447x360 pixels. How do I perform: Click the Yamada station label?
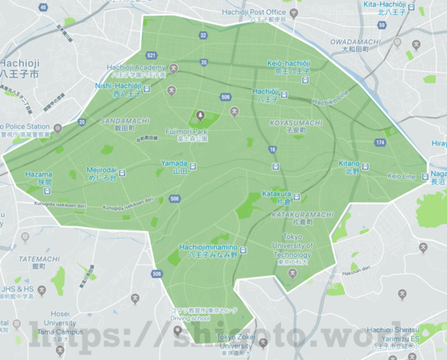(174, 166)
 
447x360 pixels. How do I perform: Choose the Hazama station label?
(39, 178)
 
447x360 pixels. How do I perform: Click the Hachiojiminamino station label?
(208, 250)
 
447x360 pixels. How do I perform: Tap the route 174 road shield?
(380, 142)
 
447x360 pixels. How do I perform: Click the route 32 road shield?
(203, 35)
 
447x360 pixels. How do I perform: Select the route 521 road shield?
(152, 56)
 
